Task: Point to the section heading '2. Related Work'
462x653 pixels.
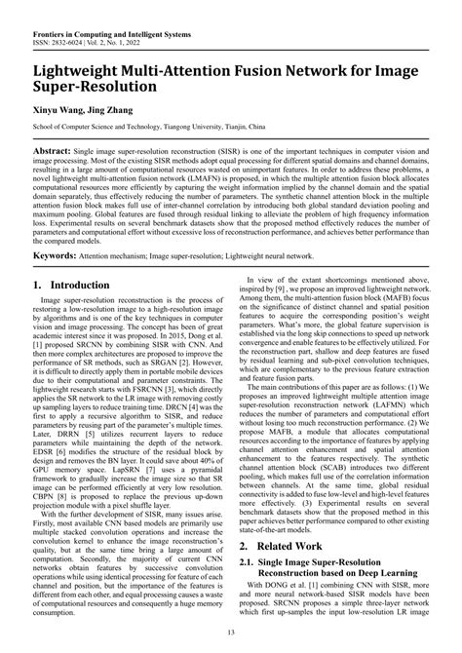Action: pos(278,548)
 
